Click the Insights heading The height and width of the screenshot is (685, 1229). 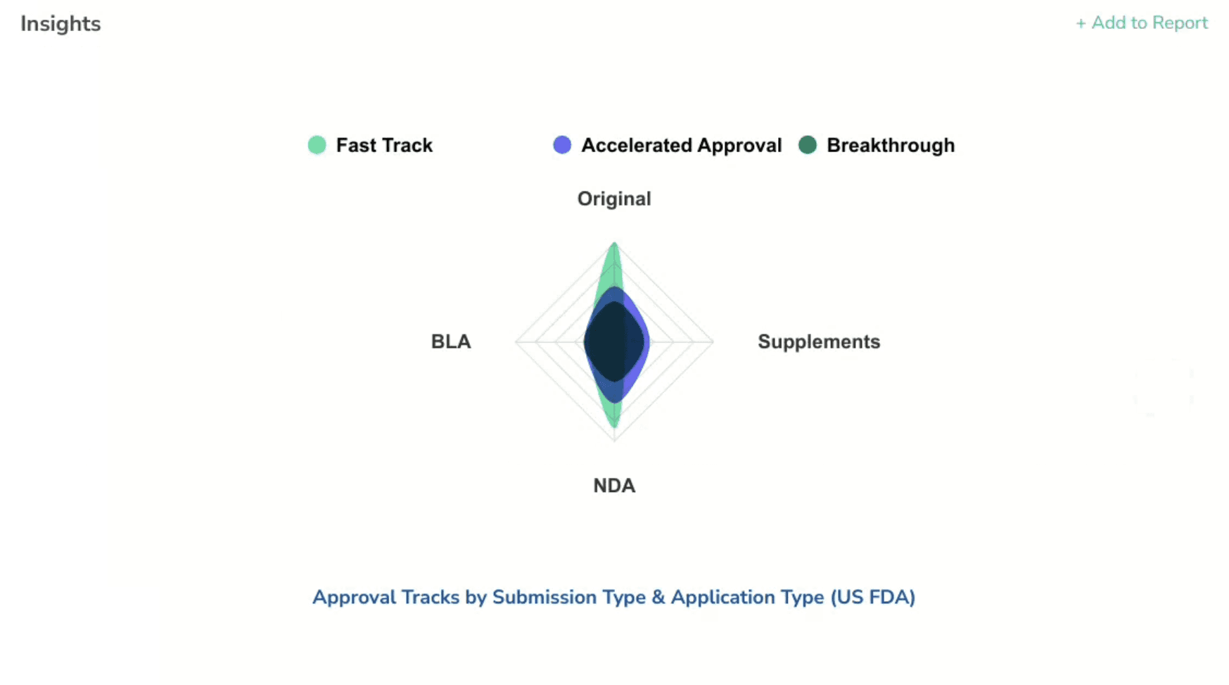(61, 24)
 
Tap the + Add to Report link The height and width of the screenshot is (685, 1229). (1141, 23)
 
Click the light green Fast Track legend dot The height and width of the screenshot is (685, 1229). (317, 145)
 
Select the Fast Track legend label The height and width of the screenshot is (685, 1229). (384, 145)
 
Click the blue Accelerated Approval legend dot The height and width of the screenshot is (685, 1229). (562, 145)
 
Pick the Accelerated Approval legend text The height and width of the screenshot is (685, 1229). (681, 145)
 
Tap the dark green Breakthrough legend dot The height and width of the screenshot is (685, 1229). (808, 145)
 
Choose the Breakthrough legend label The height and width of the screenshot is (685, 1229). (891, 145)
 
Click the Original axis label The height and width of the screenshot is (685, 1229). (614, 199)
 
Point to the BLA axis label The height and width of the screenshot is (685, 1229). (451, 341)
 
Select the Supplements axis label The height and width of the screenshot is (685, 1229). (819, 341)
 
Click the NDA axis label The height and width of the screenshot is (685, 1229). (614, 486)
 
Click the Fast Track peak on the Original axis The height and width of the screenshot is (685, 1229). (615, 246)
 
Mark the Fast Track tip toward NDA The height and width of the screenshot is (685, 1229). (615, 425)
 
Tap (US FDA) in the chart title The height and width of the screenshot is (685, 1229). (872, 597)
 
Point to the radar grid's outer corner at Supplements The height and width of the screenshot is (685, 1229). (713, 341)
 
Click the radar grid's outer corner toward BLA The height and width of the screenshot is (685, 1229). (516, 341)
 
